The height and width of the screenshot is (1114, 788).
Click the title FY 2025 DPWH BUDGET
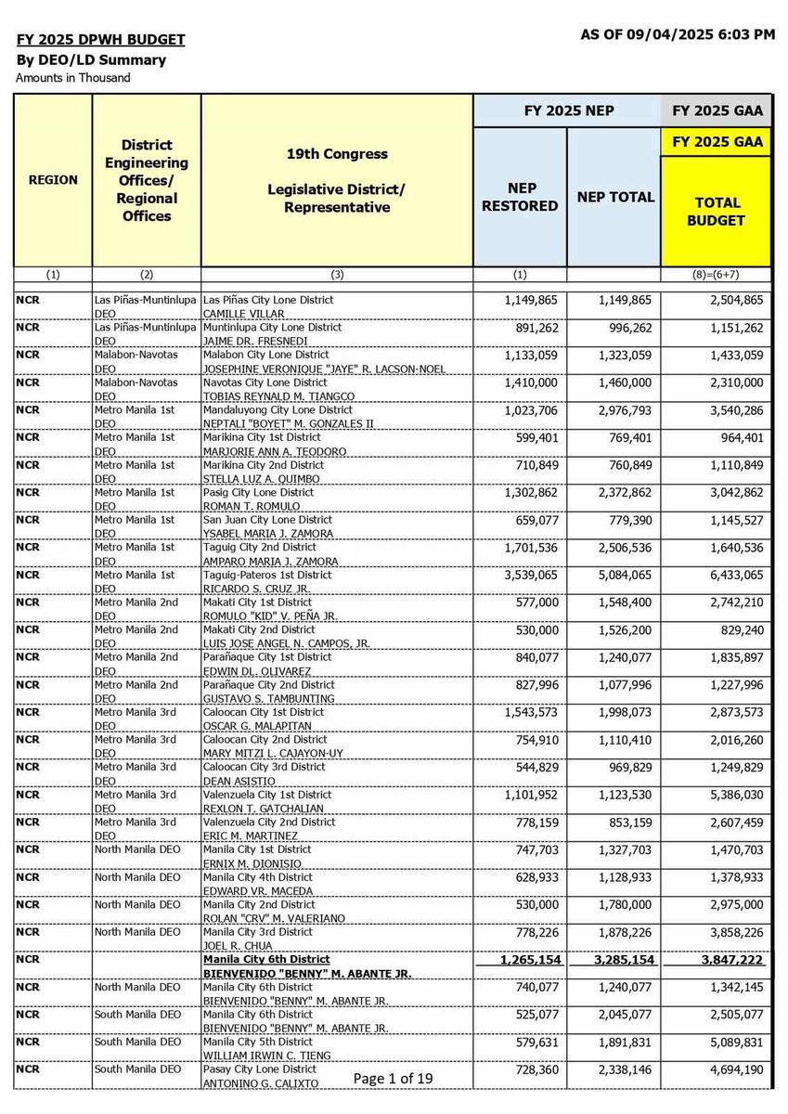pos(101,40)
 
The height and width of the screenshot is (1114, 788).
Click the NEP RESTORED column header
pos(521,197)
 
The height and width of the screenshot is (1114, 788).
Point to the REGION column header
pos(53,179)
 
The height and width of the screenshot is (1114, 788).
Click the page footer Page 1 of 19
pos(394,1078)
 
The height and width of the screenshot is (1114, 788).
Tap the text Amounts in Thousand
pos(73,78)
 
